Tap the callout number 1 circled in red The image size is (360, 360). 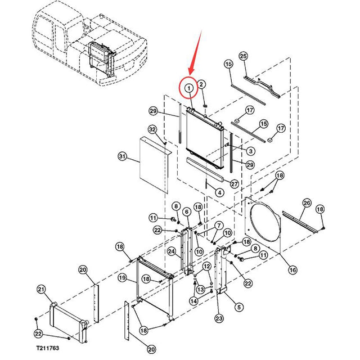(189, 88)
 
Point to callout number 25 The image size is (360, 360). (243, 56)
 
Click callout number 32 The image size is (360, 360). (152, 129)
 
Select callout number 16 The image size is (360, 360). (292, 270)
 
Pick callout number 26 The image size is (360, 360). (307, 202)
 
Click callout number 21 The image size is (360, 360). (40, 289)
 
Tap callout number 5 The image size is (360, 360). (239, 307)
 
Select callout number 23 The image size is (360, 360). (219, 319)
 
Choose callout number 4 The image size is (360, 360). (219, 192)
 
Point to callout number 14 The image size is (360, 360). (193, 301)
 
